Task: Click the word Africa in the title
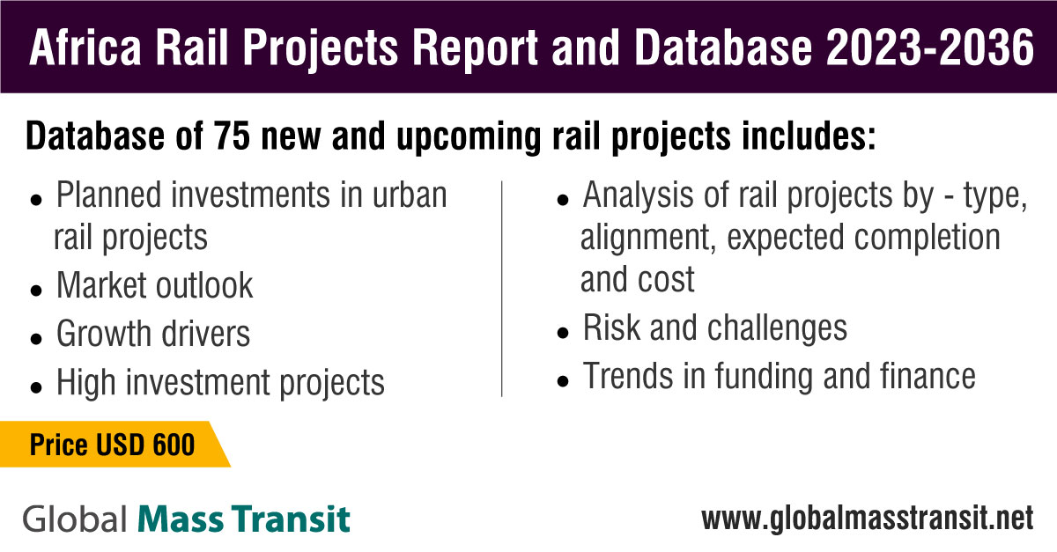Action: click(x=85, y=48)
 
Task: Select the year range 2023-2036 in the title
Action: click(x=929, y=48)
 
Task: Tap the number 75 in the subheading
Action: click(x=232, y=136)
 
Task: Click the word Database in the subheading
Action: click(x=95, y=136)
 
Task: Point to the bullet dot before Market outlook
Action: click(x=36, y=291)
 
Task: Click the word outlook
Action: click(x=204, y=285)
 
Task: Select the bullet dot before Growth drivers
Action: click(x=36, y=338)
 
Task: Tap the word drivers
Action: click(x=206, y=334)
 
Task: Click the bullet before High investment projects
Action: click(x=36, y=387)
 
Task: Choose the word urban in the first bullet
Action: click(x=410, y=195)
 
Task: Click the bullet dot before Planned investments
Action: click(x=36, y=200)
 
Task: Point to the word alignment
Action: click(x=645, y=238)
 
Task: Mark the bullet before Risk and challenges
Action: click(x=563, y=333)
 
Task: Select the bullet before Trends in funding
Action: click(x=563, y=380)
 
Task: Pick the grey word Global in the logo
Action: click(x=75, y=519)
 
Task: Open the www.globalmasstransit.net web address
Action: click(x=868, y=519)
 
